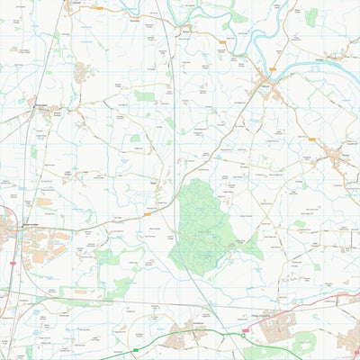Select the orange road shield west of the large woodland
point(147,216)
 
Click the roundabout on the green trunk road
point(244,331)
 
